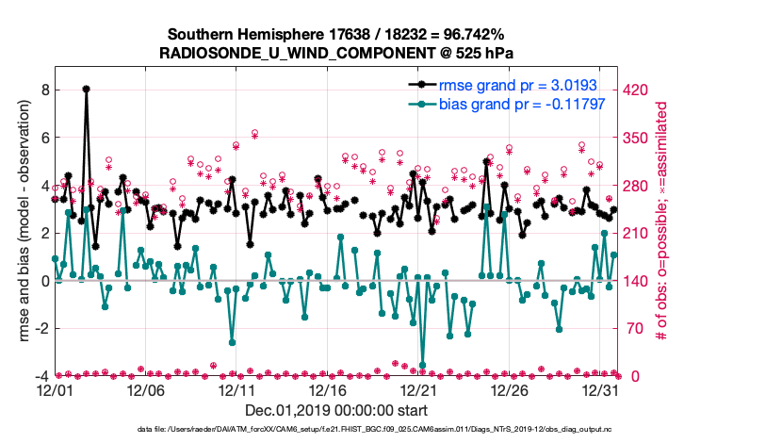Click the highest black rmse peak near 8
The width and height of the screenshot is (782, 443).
[x=86, y=89]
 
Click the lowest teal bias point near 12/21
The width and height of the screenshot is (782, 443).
[x=423, y=365]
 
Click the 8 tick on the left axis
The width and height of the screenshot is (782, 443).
[x=43, y=90]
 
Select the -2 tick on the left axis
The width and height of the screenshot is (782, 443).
[x=41, y=329]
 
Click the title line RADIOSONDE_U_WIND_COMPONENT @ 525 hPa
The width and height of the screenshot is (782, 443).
[x=336, y=51]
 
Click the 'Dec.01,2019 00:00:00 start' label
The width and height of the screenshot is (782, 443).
[x=336, y=410]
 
